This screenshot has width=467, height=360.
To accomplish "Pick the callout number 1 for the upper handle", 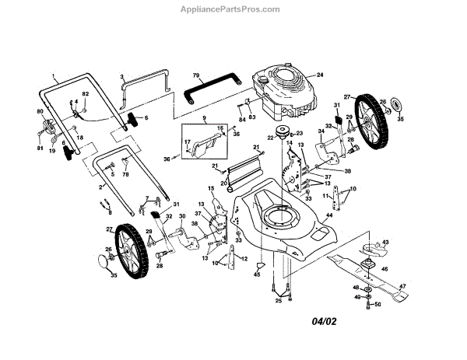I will pyautogui.click(x=55, y=75).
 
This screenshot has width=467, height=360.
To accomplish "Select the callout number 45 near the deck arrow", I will pyautogui.click(x=258, y=274).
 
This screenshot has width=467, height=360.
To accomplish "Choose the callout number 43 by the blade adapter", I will pyautogui.click(x=384, y=243).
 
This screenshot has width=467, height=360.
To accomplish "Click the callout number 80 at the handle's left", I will pyautogui.click(x=38, y=112).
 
